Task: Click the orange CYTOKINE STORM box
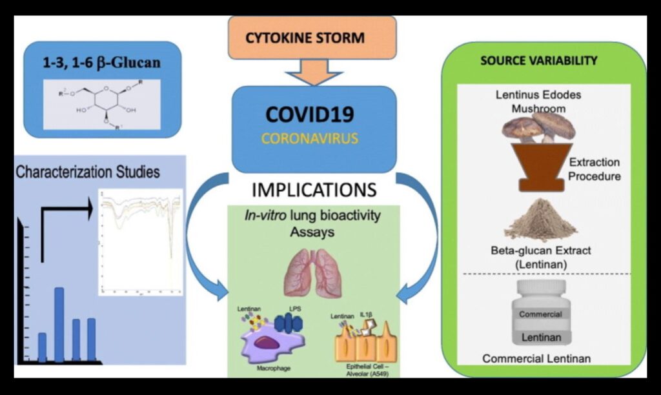click(312, 37)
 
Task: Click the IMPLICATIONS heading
click(314, 190)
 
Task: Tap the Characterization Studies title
click(88, 172)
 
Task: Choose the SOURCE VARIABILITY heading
click(538, 61)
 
